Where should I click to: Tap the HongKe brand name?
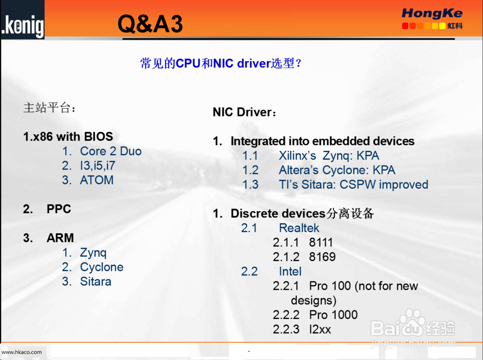coord(432,13)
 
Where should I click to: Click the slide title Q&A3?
coord(150,24)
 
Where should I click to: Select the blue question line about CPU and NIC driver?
coord(221,63)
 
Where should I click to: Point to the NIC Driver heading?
coord(244,112)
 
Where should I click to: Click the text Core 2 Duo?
coord(111,151)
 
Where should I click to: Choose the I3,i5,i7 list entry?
coord(98,166)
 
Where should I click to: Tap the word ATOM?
coord(97,180)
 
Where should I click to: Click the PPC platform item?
coord(59,209)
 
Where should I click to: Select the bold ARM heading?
coord(60,238)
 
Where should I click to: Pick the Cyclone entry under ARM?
coord(101,267)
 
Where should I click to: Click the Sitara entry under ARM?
coord(96,281)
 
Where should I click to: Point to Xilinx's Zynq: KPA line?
coord(329,156)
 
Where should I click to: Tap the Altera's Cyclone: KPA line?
coord(337,170)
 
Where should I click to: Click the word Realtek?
coord(299,228)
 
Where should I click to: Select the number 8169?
coord(322,257)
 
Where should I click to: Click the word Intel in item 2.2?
coord(290,272)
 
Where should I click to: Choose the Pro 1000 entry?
coord(333,315)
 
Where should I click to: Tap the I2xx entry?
coord(320,329)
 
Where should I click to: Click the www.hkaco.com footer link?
coord(22,352)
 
